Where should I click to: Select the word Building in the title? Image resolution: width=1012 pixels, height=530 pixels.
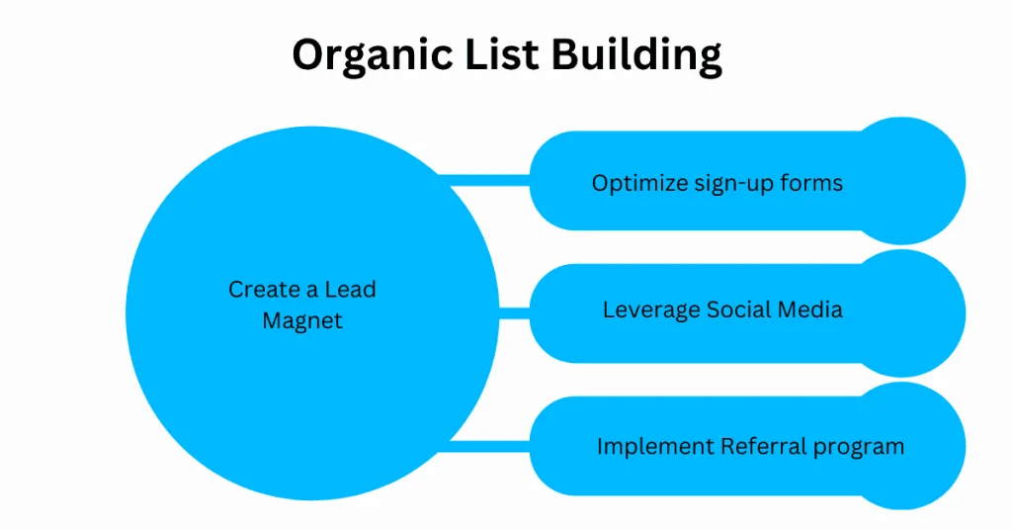636,57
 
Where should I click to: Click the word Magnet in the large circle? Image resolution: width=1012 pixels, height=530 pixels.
301,322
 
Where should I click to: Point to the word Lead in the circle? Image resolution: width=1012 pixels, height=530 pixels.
352,291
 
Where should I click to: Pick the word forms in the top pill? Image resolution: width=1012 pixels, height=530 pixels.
813,184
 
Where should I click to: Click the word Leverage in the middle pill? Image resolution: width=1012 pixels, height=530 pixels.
650,310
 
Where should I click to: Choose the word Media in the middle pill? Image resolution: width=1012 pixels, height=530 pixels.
810,310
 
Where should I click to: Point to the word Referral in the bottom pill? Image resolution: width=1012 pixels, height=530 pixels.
754,447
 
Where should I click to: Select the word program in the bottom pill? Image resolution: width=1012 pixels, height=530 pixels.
859,447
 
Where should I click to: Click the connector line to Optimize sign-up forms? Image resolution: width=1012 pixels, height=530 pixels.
484,180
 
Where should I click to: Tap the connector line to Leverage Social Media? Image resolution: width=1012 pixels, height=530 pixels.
514,313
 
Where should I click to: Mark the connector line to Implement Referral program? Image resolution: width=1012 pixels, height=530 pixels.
489,445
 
